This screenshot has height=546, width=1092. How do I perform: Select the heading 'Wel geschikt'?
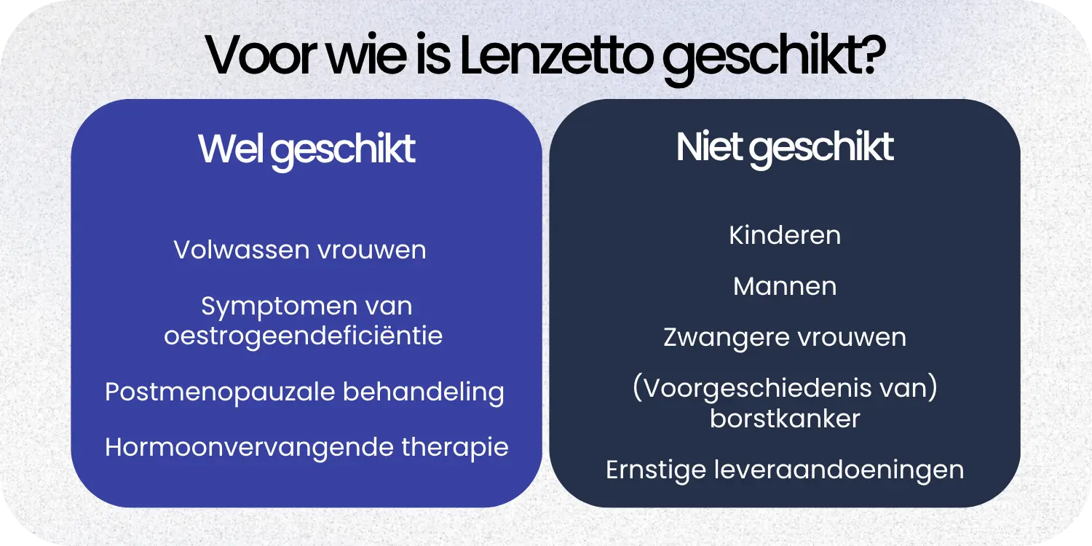click(x=306, y=149)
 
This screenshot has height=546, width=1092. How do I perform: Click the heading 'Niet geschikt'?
click(x=785, y=147)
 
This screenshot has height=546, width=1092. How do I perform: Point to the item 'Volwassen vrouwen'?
click(x=300, y=250)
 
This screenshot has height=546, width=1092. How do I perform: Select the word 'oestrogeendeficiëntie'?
click(x=304, y=336)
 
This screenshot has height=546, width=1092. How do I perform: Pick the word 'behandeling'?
click(x=424, y=392)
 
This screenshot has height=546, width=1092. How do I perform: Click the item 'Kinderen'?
click(x=785, y=235)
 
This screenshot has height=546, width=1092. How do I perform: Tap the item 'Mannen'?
click(x=785, y=286)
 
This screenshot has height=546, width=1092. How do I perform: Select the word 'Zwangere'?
click(x=716, y=338)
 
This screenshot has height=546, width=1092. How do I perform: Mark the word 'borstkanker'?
click(x=786, y=419)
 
